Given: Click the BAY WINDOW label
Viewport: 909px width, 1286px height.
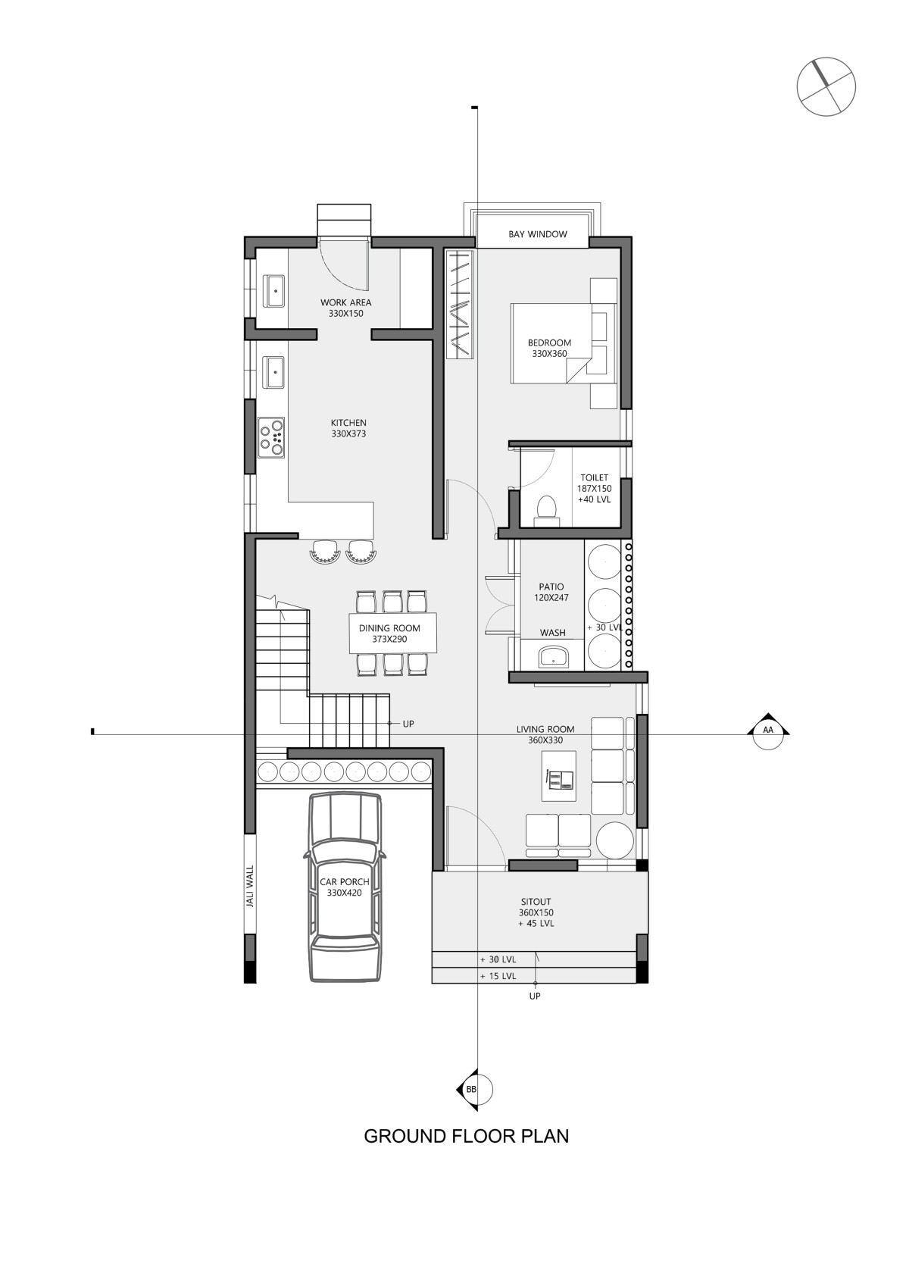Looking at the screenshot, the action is coord(538,234).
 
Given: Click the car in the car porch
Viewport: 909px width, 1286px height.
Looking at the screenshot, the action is coord(345,887).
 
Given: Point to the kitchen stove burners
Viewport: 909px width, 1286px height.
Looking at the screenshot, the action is coord(271,437).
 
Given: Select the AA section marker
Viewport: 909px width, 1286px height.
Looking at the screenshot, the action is coord(768,731).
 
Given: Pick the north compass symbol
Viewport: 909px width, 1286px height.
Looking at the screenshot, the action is coord(826,86).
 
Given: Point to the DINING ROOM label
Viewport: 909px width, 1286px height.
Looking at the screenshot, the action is coord(389,628).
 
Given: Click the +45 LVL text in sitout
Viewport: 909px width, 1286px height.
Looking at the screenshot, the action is coord(536,924).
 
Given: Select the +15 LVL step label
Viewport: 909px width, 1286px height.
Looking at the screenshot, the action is coord(498,976).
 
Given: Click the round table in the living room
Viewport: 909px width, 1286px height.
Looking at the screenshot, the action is coord(614,840).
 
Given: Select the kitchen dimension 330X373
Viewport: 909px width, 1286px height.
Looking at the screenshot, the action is coord(348,434).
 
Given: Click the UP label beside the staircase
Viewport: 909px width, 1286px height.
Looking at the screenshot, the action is coord(408,724).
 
